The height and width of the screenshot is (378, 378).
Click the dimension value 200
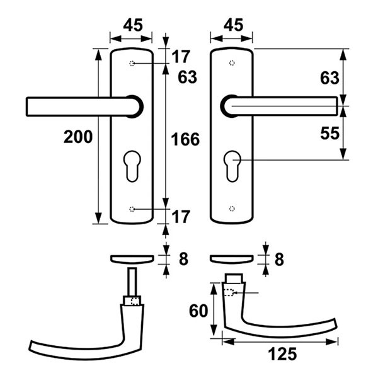tap(78, 137)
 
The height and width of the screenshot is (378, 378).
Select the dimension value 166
tap(185, 139)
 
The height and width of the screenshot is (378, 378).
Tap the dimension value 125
tap(282, 354)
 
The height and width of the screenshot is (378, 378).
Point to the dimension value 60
tap(198, 311)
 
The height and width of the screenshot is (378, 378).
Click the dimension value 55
tap(329, 133)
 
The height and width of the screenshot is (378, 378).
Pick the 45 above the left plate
tap(133, 25)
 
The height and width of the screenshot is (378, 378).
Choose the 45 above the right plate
tap(233, 25)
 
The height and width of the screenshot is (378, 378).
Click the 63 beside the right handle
tap(329, 78)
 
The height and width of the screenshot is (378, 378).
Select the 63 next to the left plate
tap(187, 77)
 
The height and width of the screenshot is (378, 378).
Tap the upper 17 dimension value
tap(181, 57)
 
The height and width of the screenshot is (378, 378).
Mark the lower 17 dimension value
tap(181, 217)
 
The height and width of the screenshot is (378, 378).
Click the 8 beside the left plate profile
tap(183, 259)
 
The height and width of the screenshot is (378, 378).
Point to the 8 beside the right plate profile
tap(279, 260)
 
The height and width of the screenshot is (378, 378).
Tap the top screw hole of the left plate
tap(132, 64)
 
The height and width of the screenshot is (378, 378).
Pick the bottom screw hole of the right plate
tap(232, 209)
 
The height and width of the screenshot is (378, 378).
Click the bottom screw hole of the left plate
tap(132, 209)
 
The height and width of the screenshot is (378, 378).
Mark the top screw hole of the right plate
tap(232, 63)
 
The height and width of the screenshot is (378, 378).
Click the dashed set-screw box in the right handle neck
tap(229, 292)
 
